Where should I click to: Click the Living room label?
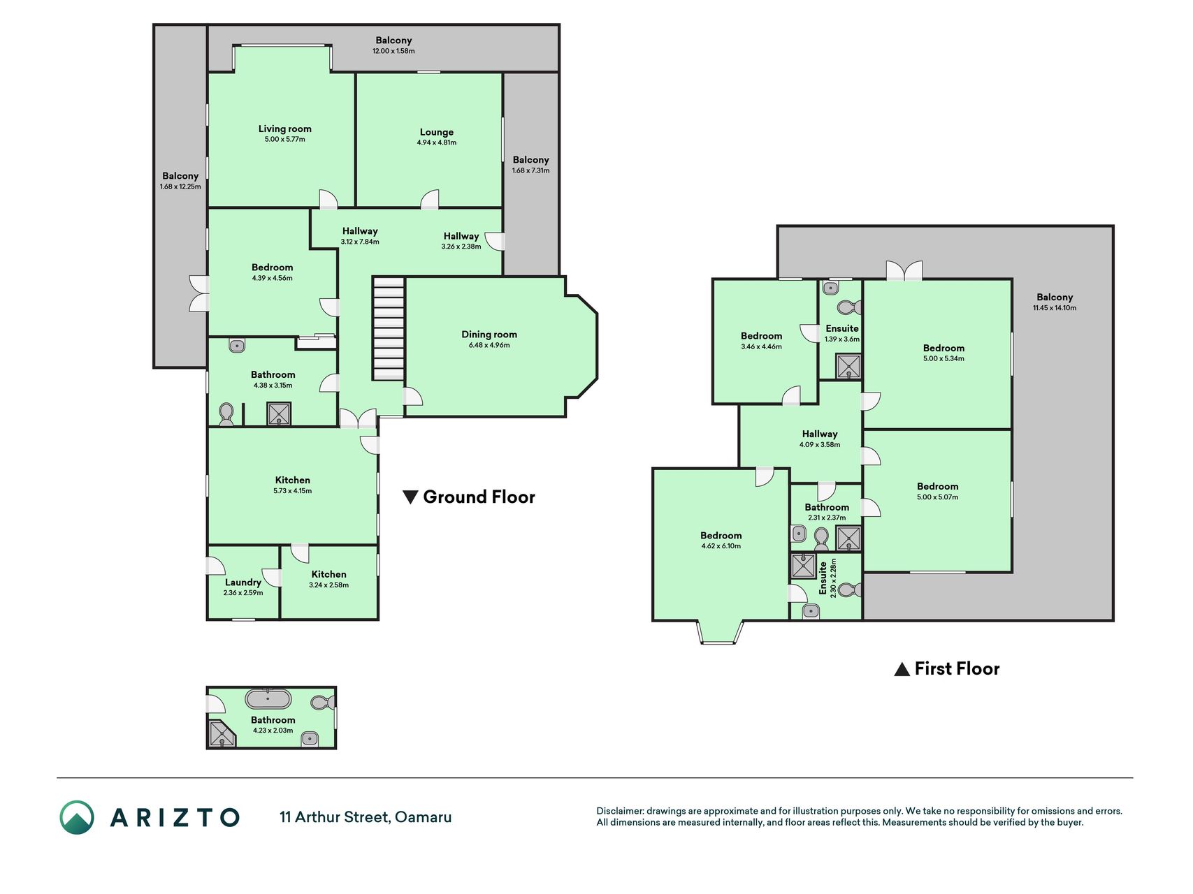click(x=284, y=129)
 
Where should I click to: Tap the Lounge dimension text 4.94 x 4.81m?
click(x=437, y=142)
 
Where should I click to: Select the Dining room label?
click(x=489, y=335)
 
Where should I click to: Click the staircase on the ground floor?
click(x=388, y=328)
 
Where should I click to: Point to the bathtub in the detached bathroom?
click(x=268, y=698)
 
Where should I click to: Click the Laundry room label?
click(x=243, y=582)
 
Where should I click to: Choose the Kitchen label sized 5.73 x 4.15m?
click(x=292, y=480)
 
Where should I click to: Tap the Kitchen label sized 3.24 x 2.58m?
click(x=328, y=574)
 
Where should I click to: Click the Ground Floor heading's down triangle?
click(x=410, y=497)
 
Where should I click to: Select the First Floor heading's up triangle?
click(x=902, y=669)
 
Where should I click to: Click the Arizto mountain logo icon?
click(x=77, y=817)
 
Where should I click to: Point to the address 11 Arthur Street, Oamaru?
click(x=366, y=817)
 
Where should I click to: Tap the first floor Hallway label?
click(x=820, y=434)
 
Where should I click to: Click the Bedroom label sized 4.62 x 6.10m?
click(x=721, y=536)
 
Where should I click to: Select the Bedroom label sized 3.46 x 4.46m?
click(x=761, y=336)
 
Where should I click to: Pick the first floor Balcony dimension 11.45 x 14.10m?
click(x=1055, y=308)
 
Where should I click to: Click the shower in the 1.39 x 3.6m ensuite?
click(x=849, y=367)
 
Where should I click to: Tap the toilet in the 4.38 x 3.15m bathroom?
click(x=226, y=414)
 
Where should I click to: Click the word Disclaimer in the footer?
click(x=619, y=811)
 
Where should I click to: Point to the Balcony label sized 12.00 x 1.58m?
click(x=393, y=41)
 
